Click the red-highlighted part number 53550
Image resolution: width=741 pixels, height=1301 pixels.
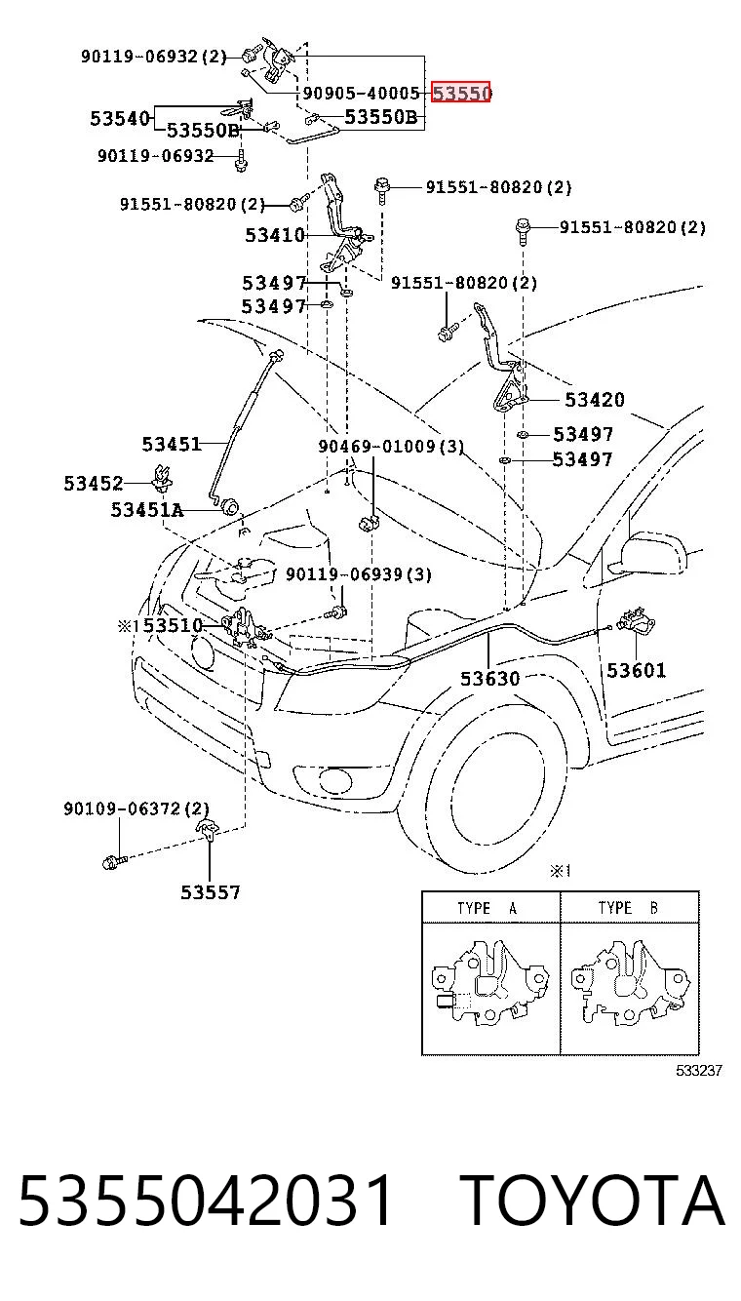pyautogui.click(x=460, y=92)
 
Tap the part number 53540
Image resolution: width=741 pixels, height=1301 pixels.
pyautogui.click(x=120, y=118)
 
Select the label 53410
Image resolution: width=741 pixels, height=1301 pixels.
pyautogui.click(x=275, y=235)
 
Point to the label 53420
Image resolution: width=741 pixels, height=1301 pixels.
pyautogui.click(x=595, y=400)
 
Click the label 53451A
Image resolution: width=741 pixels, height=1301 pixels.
pyautogui.click(x=147, y=509)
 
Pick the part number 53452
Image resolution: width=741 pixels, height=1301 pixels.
pyautogui.click(x=94, y=483)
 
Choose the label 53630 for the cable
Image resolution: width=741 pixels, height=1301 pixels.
pyautogui.click(x=489, y=679)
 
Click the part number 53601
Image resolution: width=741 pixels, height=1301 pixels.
pyautogui.click(x=636, y=670)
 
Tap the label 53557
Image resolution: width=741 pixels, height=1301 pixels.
pyautogui.click(x=211, y=892)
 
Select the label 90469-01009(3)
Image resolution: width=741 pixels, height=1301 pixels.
pyautogui.click(x=391, y=446)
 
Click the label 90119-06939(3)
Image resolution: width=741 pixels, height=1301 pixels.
pyautogui.click(x=359, y=574)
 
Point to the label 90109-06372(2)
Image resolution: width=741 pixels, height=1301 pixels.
pyautogui.click(x=136, y=808)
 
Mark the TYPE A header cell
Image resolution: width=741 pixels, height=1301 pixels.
pyautogui.click(x=490, y=908)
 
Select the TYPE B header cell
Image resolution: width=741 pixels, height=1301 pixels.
pyautogui.click(x=630, y=908)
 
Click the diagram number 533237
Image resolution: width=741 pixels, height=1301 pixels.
pyautogui.click(x=699, y=1070)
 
